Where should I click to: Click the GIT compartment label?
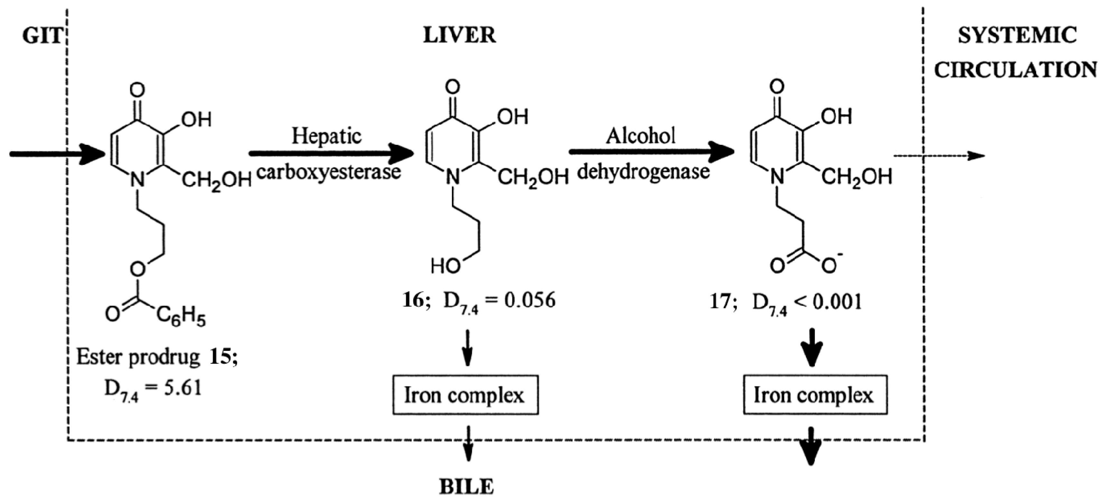point(42,36)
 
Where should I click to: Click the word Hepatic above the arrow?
point(327,136)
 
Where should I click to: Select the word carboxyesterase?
point(329,172)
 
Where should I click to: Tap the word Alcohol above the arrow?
point(641,136)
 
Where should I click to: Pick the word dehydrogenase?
point(643,172)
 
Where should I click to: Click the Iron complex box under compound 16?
point(465,395)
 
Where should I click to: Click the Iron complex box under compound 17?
point(815,395)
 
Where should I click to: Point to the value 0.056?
point(530,300)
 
